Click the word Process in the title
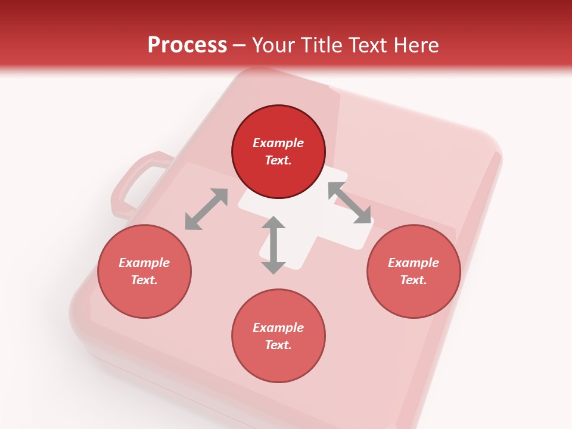[187, 45]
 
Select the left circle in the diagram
[144, 271]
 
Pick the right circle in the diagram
[414, 271]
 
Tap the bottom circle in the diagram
[278, 336]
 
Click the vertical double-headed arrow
[273, 245]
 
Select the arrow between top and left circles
[206, 209]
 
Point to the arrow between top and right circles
[350, 203]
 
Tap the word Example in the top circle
[278, 143]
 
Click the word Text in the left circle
[144, 280]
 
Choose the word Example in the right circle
[414, 263]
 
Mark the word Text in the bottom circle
[278, 345]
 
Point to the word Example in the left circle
[144, 263]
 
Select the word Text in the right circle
[414, 280]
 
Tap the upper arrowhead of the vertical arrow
[273, 223]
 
